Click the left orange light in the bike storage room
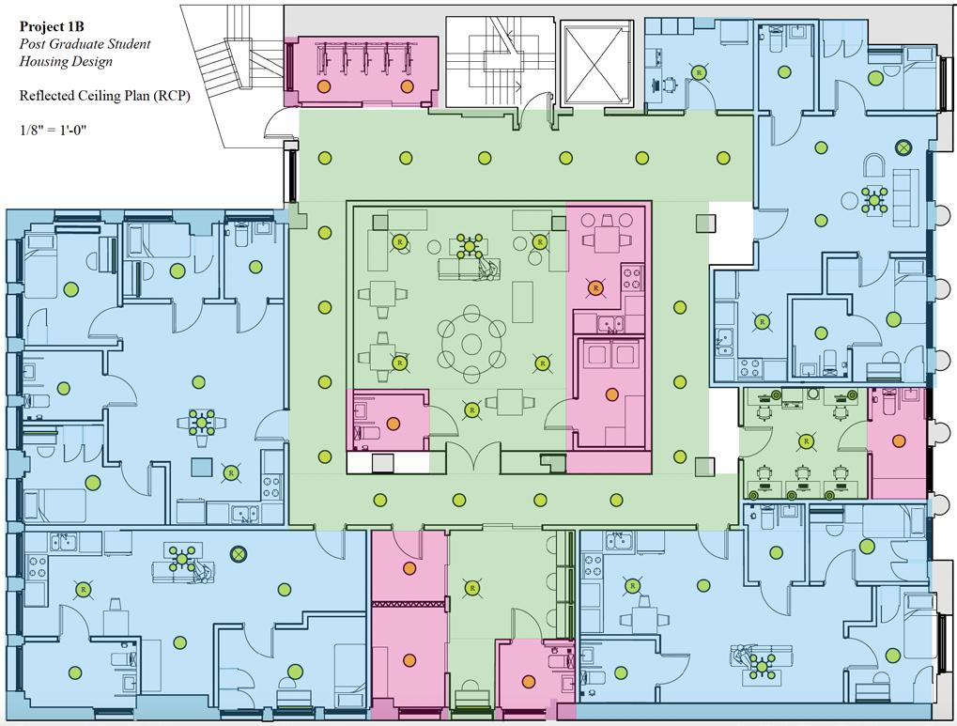324,86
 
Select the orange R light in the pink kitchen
594,287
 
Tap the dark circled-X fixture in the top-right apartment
903,147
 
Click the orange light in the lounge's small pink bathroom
393,424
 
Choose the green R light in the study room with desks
806,441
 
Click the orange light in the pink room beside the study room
899,440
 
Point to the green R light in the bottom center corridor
471,588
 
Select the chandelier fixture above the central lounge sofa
469,246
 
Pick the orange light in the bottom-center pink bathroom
529,681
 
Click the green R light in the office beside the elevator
699,72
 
